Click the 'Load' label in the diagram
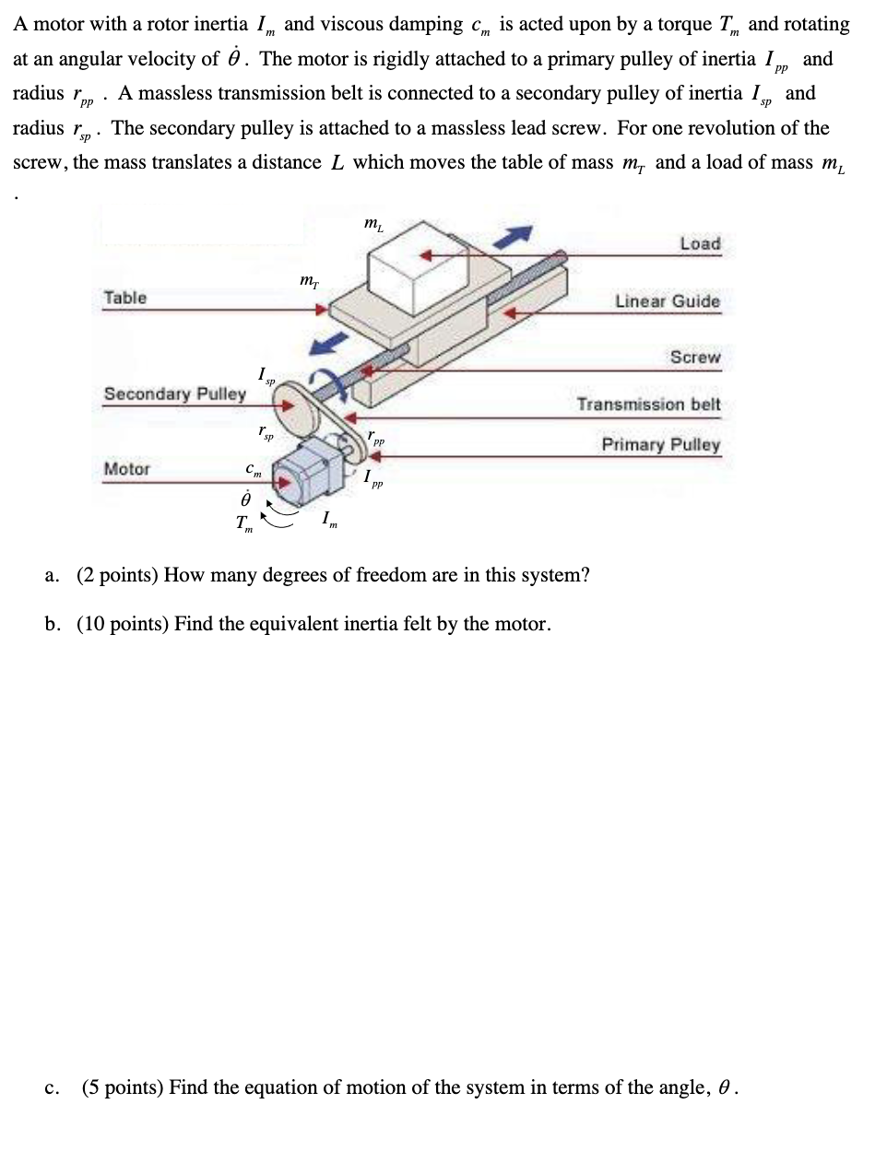(700, 244)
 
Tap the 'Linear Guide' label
(667, 301)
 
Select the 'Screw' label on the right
(695, 358)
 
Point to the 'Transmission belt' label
(648, 405)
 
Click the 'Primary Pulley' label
(660, 445)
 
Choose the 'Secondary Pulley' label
(174, 394)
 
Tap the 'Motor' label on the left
(126, 469)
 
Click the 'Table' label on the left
(124, 298)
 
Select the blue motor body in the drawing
(312, 470)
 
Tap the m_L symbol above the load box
(373, 223)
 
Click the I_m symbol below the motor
(329, 522)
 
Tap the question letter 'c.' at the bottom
(53, 1088)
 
